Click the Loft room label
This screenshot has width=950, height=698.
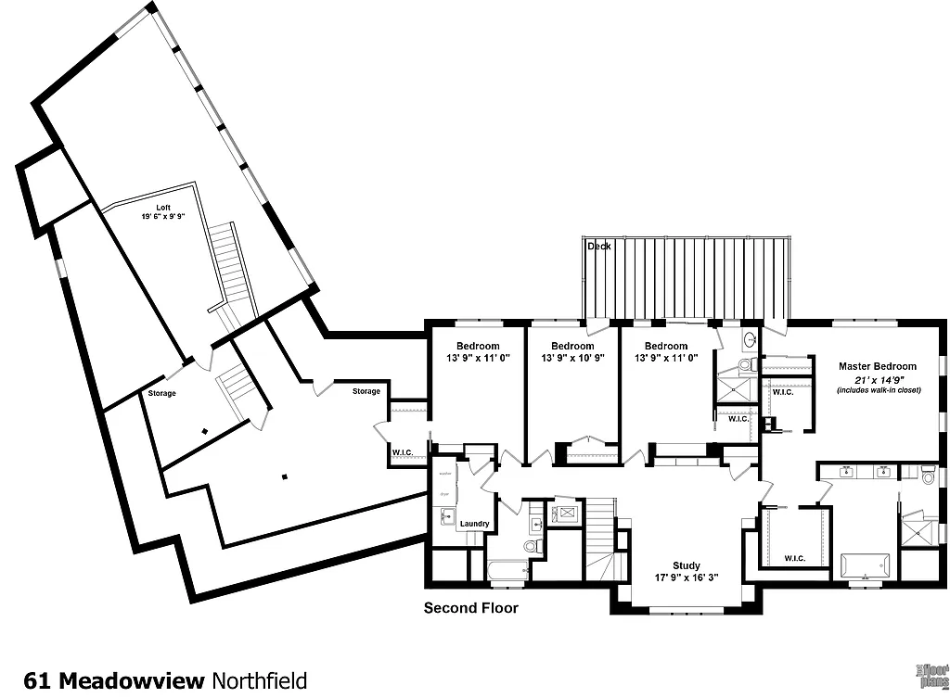pyautogui.click(x=162, y=207)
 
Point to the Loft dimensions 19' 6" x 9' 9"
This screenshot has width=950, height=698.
pyautogui.click(x=162, y=216)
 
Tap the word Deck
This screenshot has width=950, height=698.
pyautogui.click(x=598, y=246)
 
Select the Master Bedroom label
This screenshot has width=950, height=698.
pyautogui.click(x=877, y=366)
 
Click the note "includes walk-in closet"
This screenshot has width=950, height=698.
pyautogui.click(x=877, y=390)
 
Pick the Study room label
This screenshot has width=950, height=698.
pyautogui.click(x=687, y=565)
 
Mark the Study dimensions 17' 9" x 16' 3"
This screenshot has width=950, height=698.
pyautogui.click(x=687, y=578)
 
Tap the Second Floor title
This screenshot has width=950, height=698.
pyautogui.click(x=471, y=608)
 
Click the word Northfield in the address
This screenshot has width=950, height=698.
pyautogui.click(x=259, y=680)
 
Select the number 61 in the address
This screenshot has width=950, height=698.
pyautogui.click(x=37, y=680)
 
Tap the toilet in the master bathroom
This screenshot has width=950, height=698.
pyautogui.click(x=929, y=475)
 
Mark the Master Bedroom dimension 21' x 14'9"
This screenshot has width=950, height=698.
pyautogui.click(x=877, y=379)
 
